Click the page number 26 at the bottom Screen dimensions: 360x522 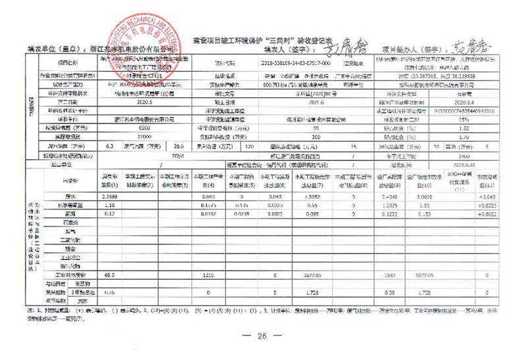tap(261, 336)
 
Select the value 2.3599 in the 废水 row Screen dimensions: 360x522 tap(110, 196)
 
